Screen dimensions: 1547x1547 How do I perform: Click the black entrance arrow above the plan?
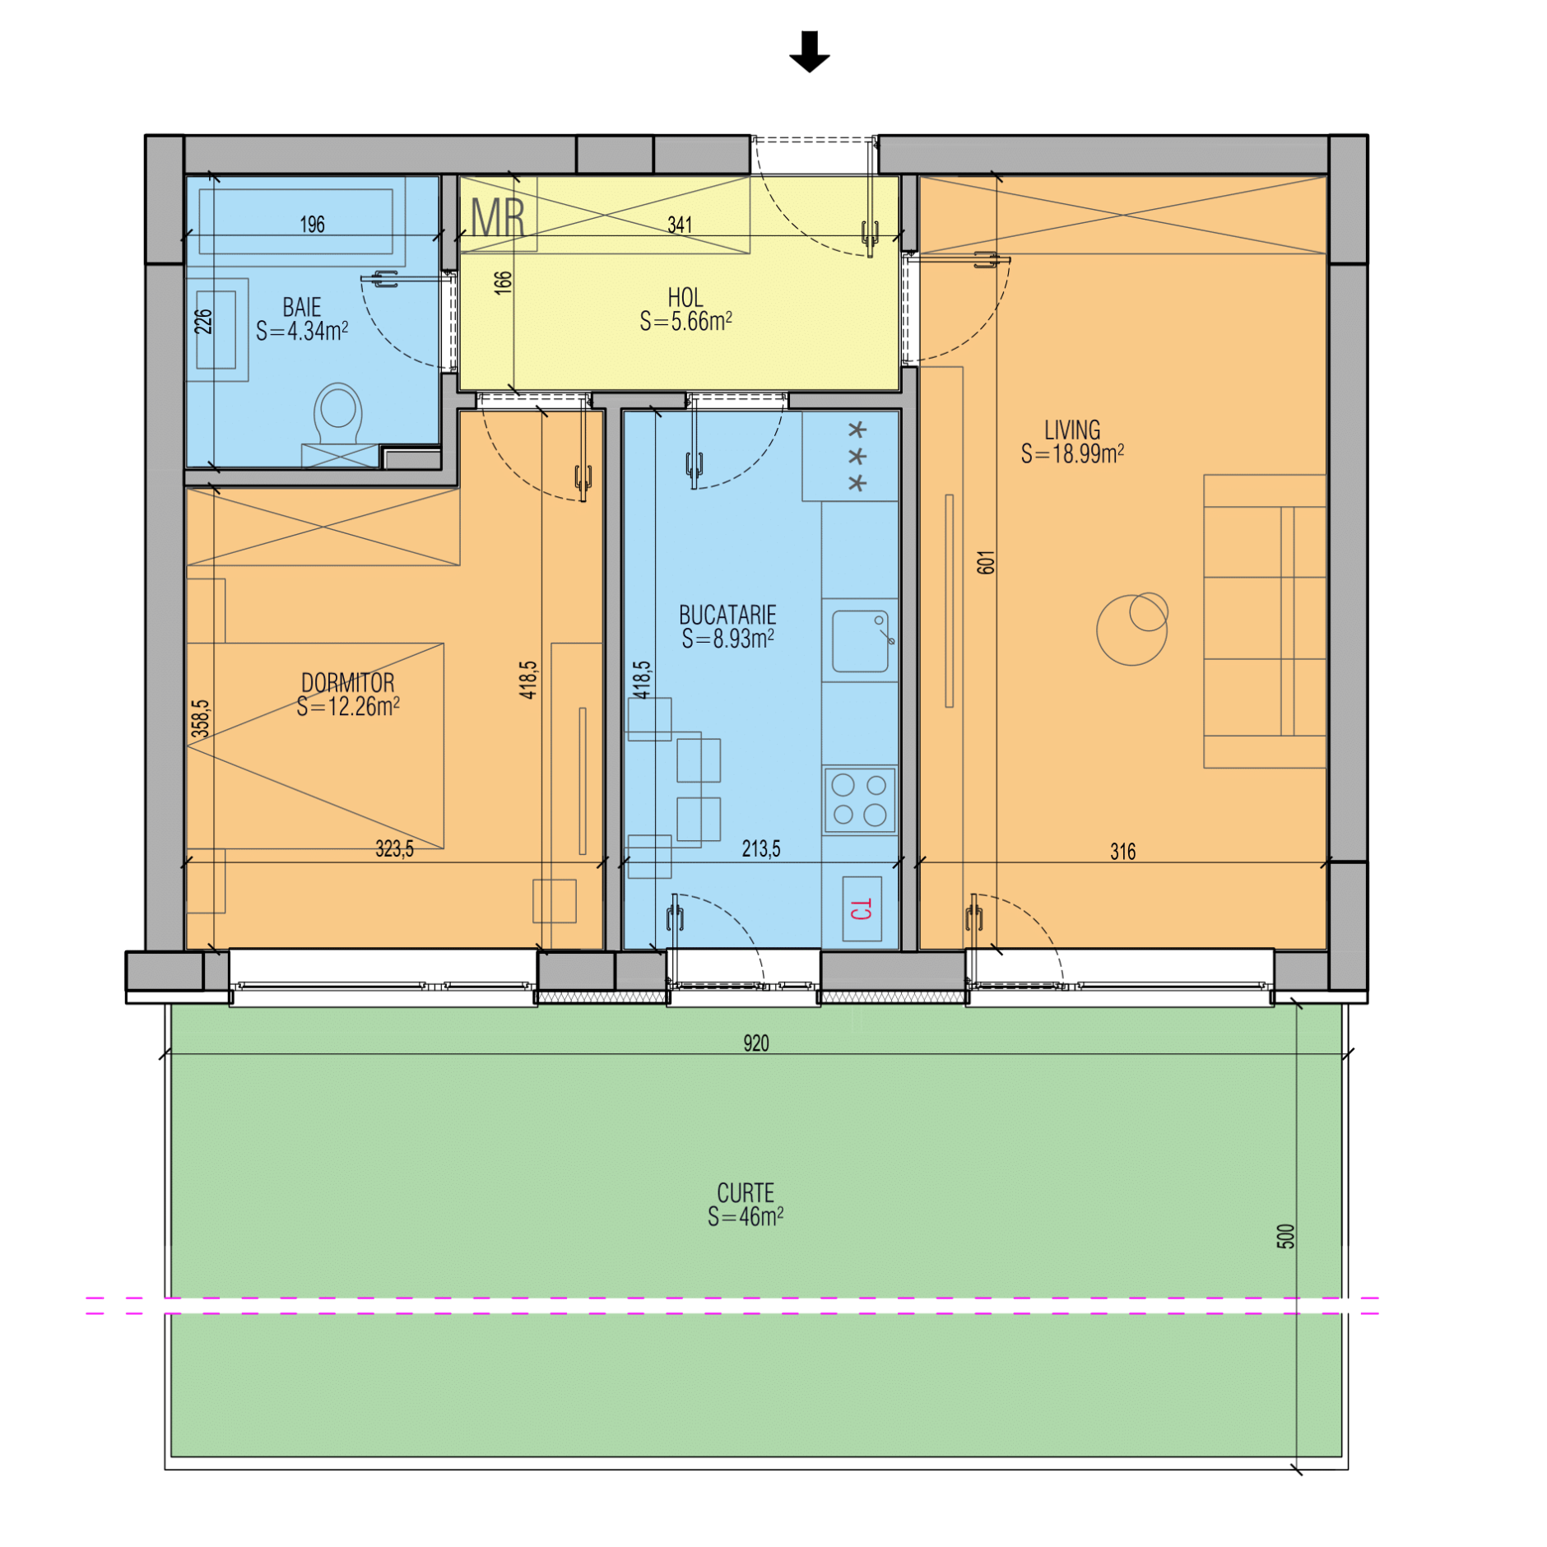[809, 51]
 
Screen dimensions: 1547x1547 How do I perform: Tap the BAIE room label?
[302, 307]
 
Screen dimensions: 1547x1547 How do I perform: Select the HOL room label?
[685, 297]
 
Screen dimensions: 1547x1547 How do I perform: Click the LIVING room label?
[1072, 430]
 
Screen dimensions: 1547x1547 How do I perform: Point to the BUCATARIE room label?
[727, 615]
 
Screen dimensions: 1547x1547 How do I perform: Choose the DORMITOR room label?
[347, 682]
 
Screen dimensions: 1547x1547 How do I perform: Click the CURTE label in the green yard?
[746, 1192]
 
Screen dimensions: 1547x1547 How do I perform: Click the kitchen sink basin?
[860, 641]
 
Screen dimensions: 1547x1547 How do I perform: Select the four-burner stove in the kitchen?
[860, 800]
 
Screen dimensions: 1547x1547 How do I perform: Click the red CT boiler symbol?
[862, 908]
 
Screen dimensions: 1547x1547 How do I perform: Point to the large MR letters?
[498, 217]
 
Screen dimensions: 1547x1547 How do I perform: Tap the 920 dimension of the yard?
[755, 1043]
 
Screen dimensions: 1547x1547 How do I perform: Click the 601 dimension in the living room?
[986, 562]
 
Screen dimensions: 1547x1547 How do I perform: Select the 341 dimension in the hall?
[680, 225]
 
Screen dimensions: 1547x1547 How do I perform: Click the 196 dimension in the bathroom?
[312, 225]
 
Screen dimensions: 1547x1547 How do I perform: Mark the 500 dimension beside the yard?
[1285, 1236]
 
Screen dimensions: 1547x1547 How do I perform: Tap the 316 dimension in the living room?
[1122, 852]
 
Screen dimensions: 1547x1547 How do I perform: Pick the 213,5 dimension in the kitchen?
[761, 848]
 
